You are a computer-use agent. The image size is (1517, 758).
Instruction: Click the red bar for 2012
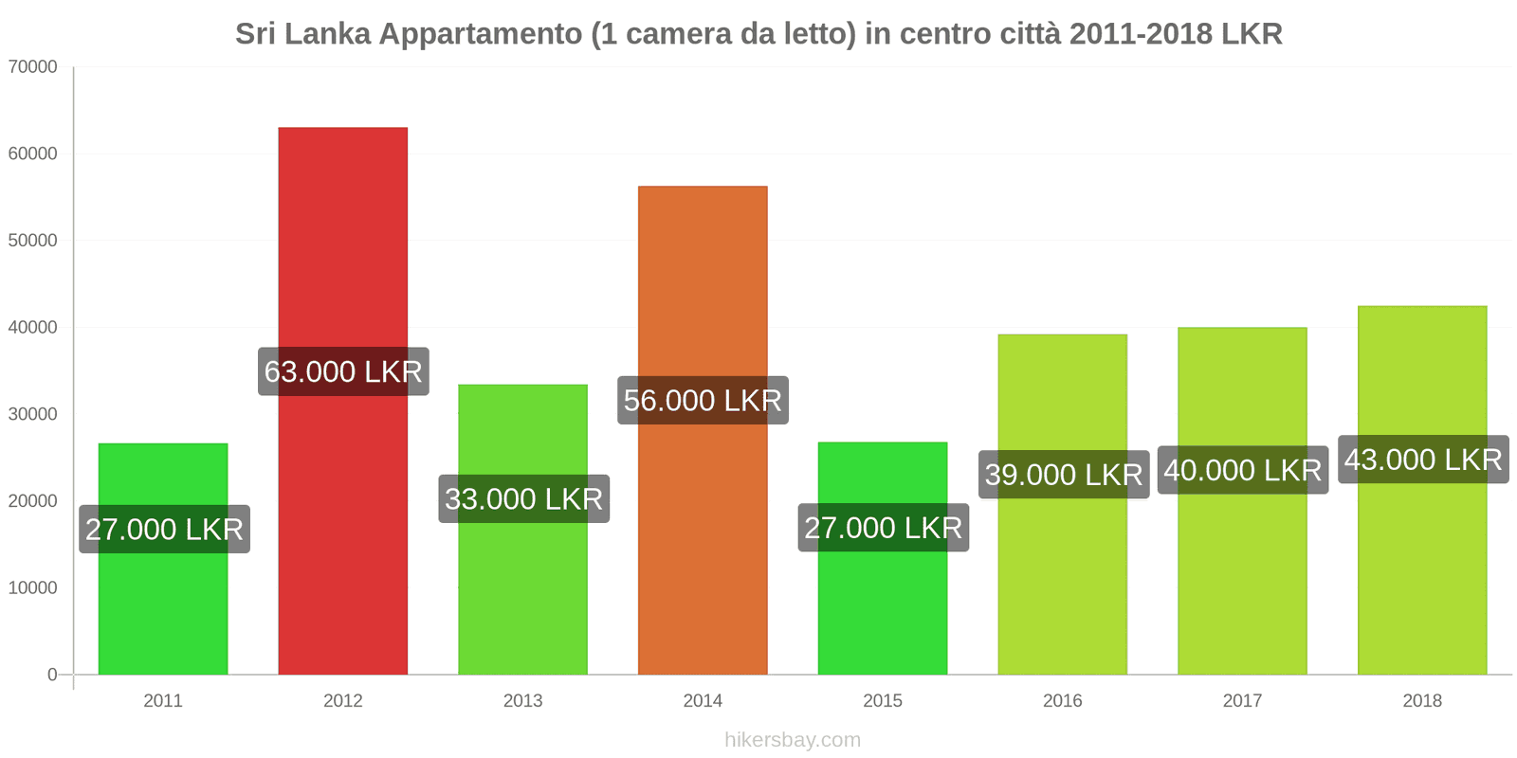(x=342, y=237)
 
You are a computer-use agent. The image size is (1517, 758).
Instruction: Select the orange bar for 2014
(x=703, y=284)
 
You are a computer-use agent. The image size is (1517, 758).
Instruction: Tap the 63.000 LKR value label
(x=343, y=371)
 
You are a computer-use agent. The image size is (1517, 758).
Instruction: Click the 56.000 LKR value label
(x=703, y=400)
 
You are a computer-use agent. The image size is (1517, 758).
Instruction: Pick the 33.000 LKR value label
(x=523, y=498)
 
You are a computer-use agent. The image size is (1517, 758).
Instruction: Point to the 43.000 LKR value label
(x=1423, y=460)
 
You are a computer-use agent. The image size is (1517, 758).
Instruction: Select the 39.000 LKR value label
(x=1063, y=474)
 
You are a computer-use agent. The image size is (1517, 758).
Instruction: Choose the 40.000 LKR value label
(x=1242, y=470)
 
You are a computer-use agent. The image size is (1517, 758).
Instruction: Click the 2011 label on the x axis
(x=163, y=700)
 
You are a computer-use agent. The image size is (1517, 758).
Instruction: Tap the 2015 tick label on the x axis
(x=883, y=700)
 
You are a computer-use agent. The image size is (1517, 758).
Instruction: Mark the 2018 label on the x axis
(x=1422, y=700)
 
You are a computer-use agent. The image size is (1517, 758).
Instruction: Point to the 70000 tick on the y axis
(x=33, y=67)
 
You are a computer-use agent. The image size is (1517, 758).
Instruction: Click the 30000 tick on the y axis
(x=33, y=414)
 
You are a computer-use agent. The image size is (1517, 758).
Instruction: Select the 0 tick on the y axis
(x=52, y=675)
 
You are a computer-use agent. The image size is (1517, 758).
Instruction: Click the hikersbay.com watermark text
(x=793, y=740)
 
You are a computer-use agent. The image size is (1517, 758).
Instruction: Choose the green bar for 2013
(x=522, y=587)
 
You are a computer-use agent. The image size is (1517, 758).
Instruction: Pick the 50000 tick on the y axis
(x=33, y=241)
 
